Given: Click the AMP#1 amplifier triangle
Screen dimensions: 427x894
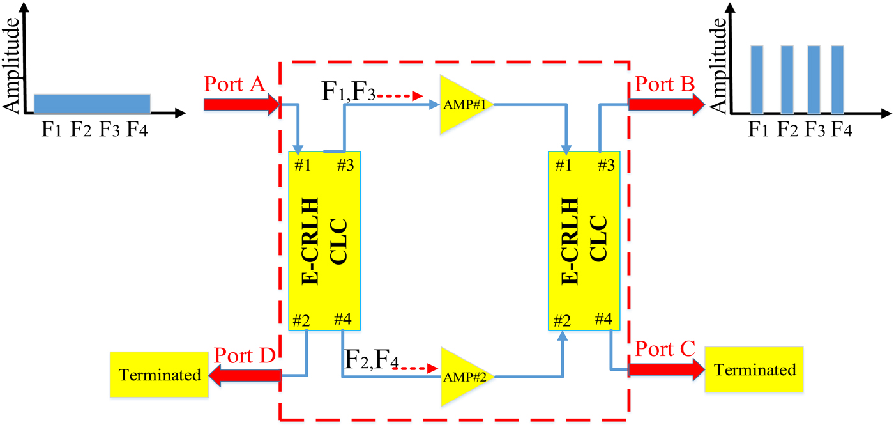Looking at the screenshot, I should point(461,104).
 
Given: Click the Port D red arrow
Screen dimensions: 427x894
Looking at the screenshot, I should point(245,375).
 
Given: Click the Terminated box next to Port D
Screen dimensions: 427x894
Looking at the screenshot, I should point(159,375).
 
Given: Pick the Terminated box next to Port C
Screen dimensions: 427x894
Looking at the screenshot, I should point(754,369).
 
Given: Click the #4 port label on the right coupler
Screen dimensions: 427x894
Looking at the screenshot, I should point(604,318).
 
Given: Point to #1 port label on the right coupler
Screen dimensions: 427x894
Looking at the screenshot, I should point(563,166).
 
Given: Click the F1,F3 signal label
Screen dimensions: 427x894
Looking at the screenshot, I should point(347,94).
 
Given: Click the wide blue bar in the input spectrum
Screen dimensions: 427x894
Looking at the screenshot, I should point(92,103).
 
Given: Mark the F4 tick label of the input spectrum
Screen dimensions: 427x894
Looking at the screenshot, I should point(139,130).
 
